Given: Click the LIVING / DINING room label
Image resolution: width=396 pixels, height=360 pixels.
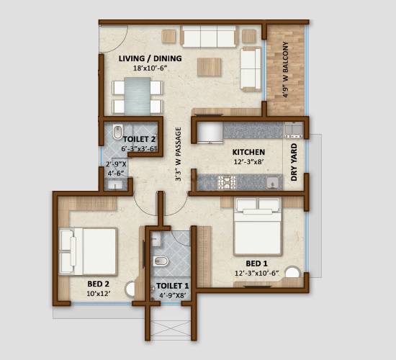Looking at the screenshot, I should click(x=150, y=58).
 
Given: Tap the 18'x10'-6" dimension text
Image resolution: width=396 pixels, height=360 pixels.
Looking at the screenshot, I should click(x=150, y=68).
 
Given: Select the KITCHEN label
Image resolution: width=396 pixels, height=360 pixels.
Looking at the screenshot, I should click(x=248, y=153).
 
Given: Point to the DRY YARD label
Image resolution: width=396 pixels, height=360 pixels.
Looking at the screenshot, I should click(x=294, y=162).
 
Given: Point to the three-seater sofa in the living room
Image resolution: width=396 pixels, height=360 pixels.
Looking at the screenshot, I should click(x=210, y=37).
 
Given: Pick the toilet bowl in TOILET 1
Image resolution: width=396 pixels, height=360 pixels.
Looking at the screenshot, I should click(x=161, y=259).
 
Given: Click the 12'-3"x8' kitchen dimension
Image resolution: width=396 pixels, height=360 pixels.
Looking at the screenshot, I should click(x=248, y=163).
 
